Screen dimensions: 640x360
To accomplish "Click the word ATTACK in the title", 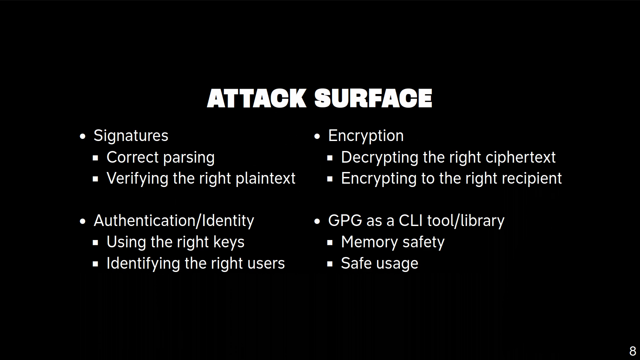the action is (257, 98).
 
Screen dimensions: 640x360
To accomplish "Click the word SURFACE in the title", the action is (373, 98).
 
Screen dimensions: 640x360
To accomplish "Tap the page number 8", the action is (633, 351).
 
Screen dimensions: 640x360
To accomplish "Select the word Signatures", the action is (131, 136).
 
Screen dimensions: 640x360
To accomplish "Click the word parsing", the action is (189, 158).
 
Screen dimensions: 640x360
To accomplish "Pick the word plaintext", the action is (266, 179).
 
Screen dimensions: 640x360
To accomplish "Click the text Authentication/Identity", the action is (174, 221).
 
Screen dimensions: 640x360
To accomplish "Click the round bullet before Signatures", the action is (83, 136).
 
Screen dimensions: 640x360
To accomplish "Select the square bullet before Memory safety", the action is (330, 243).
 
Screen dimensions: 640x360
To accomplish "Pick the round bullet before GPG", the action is (317, 221).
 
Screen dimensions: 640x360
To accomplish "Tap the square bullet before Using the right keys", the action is (96, 243).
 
